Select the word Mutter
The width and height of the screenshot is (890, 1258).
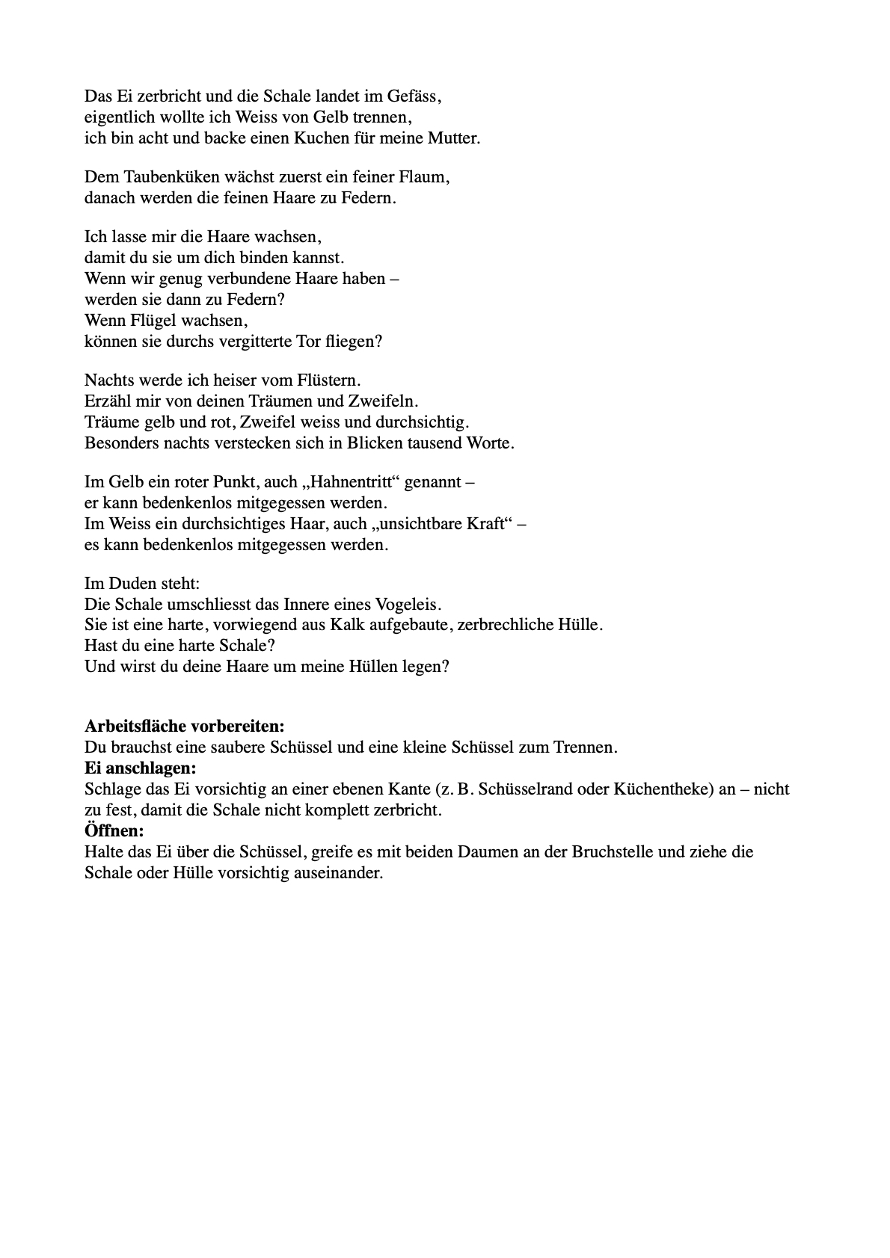point(453,138)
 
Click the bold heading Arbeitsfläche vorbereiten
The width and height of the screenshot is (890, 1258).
point(185,726)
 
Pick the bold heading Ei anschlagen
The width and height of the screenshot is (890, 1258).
point(141,768)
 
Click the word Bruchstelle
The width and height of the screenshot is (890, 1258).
point(614,851)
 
